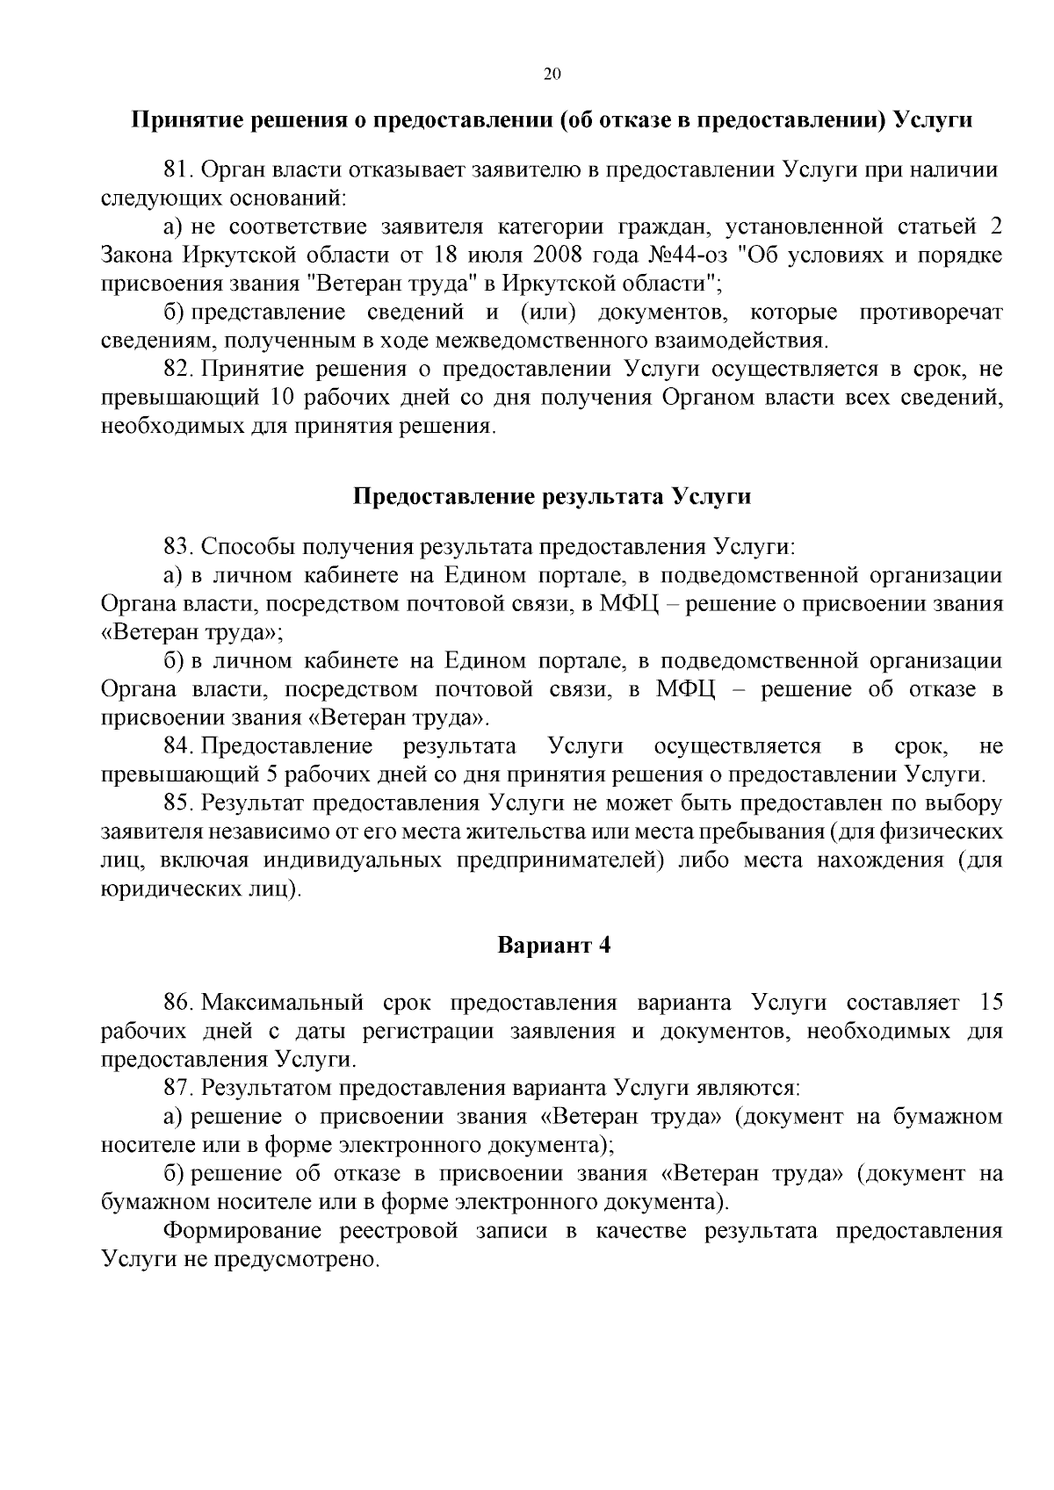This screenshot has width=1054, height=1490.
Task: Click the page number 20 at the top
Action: pyautogui.click(x=552, y=74)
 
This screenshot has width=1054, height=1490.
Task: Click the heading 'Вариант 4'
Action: pyautogui.click(x=552, y=946)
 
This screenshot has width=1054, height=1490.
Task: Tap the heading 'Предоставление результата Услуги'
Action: pyautogui.click(x=552, y=496)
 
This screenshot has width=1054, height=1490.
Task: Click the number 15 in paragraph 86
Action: pyautogui.click(x=989, y=1003)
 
